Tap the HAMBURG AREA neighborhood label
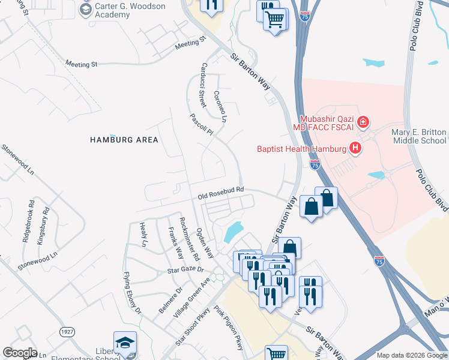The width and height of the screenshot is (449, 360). tap(124, 140)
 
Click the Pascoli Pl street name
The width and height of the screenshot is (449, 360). tap(202, 125)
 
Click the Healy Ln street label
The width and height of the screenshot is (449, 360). tap(143, 234)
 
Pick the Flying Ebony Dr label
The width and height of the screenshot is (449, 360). tap(131, 293)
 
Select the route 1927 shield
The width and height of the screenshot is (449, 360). tap(67, 332)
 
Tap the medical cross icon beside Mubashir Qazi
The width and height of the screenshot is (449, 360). tap(363, 123)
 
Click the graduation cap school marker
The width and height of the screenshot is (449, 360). tap(125, 343)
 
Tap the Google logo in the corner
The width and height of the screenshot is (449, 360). tap(20, 353)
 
